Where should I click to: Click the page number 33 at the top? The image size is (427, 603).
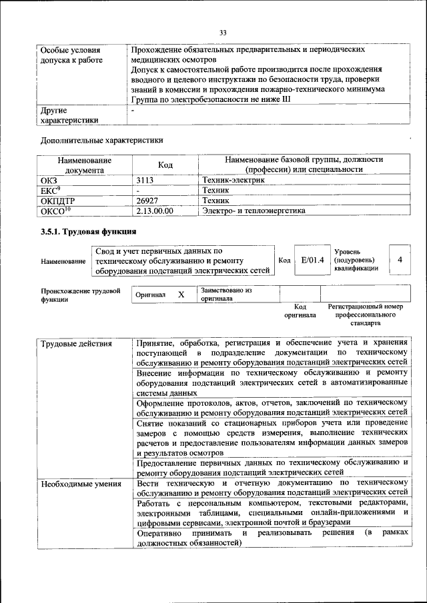pos(223,31)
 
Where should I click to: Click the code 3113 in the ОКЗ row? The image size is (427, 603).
pos(145,180)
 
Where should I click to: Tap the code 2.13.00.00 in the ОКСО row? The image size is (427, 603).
pos(154,211)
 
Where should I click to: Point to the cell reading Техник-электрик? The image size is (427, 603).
pos(228,180)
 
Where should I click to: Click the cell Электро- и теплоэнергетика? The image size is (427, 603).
pos(254,211)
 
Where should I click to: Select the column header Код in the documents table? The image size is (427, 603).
pos(165,165)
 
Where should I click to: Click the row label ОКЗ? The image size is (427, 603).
pos(49,180)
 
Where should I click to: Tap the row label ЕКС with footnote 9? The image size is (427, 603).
pos(51,190)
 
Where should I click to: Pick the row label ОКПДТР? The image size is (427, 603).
pos(57,200)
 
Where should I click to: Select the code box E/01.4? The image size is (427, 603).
pos(312,259)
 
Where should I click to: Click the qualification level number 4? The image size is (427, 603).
pos(400,259)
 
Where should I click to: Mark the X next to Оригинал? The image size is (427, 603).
pos(180,294)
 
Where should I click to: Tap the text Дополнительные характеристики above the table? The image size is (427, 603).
pos(101,140)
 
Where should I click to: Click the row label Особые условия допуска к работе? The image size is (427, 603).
pos(71,55)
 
